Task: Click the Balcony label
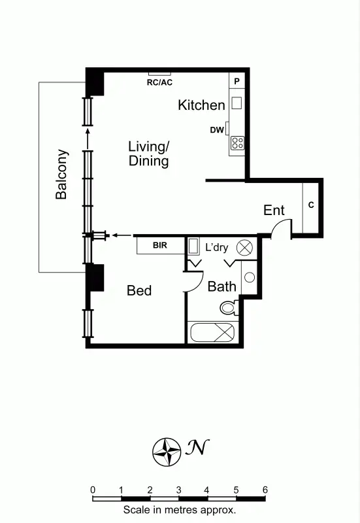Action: [x=61, y=175]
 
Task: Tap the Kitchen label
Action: [x=201, y=105]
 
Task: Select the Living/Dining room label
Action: [x=149, y=154]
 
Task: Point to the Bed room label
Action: [x=139, y=290]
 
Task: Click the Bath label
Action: [x=221, y=286]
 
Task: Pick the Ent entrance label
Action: [x=274, y=210]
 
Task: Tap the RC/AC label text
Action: [x=159, y=82]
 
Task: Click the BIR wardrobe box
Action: [x=159, y=246]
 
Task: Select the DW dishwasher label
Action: [x=217, y=130]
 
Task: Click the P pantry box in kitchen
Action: [x=237, y=81]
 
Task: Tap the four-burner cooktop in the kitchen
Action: [x=237, y=143]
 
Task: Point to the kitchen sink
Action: [x=237, y=103]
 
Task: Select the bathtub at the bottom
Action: [x=212, y=332]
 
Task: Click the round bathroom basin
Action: [x=249, y=277]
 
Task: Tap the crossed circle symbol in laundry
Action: [x=244, y=247]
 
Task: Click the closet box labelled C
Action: [x=311, y=205]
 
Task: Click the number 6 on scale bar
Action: [x=265, y=490]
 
